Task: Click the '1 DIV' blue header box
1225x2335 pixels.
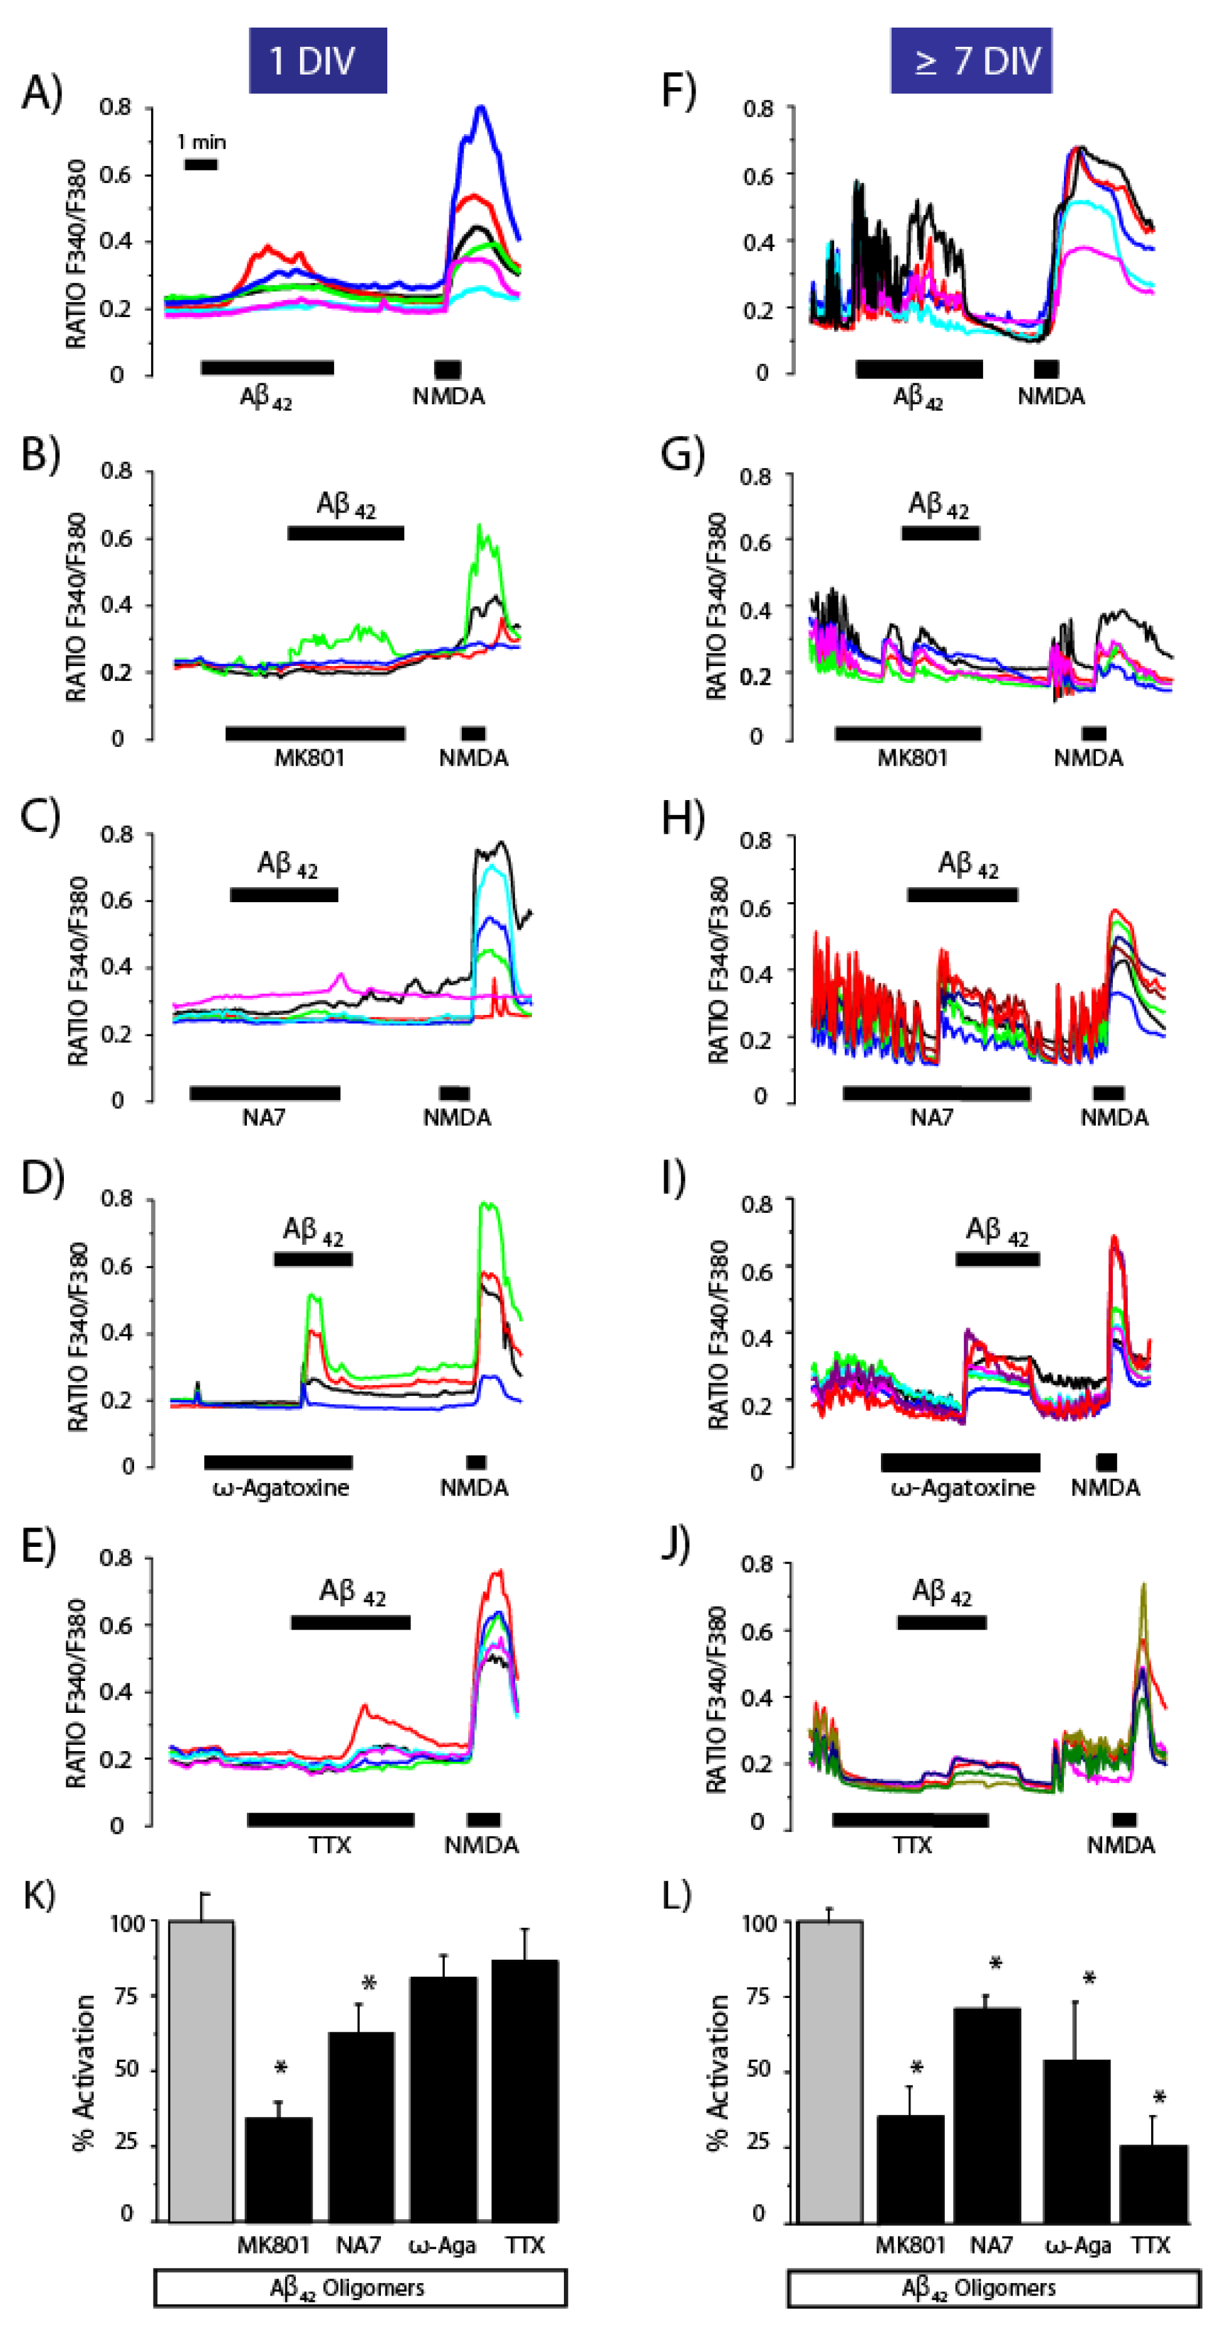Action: pyautogui.click(x=317, y=61)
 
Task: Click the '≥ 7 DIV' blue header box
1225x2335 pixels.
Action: pyautogui.click(x=970, y=61)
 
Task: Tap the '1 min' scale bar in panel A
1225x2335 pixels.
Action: pyautogui.click(x=201, y=164)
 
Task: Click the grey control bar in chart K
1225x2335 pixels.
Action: pyautogui.click(x=201, y=2071)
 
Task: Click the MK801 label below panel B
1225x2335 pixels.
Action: pyautogui.click(x=309, y=758)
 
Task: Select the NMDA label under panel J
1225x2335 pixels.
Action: pyautogui.click(x=1121, y=1846)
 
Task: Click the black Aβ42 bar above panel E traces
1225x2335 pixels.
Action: pyautogui.click(x=350, y=1623)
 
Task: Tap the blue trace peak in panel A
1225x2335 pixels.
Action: pyautogui.click(x=481, y=108)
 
